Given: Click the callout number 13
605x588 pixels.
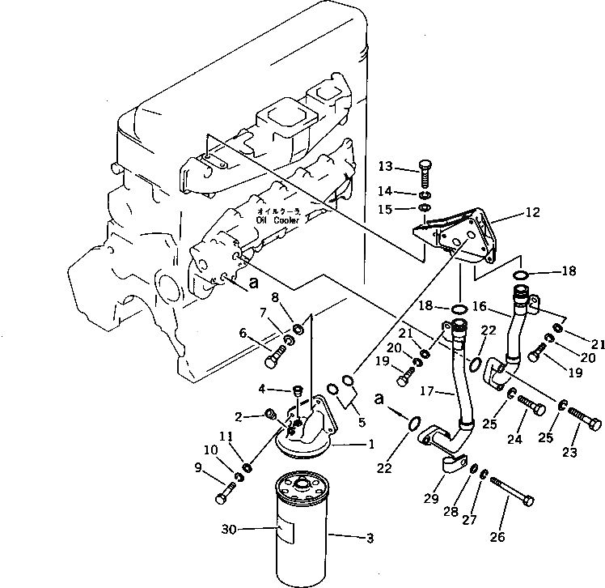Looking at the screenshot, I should [x=386, y=167].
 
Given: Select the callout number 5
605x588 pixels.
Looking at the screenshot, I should [x=362, y=421].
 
